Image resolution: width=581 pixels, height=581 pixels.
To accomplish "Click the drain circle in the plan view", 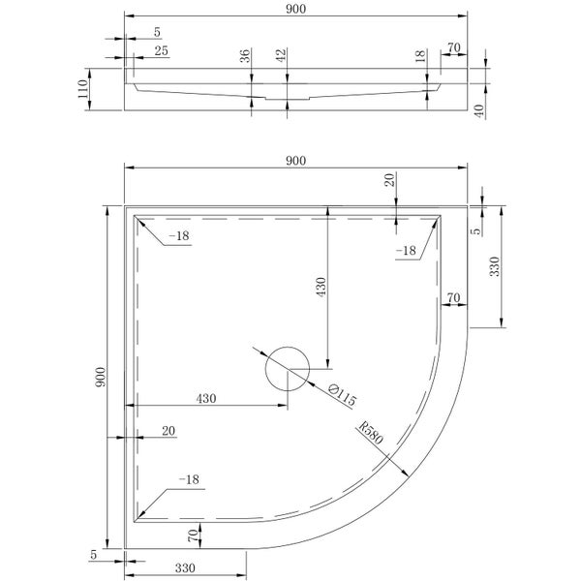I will point(287,368).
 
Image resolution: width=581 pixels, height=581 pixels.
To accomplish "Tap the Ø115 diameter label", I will point(343,398).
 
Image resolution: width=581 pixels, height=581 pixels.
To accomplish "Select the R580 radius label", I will point(371,435).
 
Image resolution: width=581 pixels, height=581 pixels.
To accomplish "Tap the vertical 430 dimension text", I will point(321,288).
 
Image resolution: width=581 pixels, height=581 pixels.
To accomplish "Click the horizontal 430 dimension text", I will point(206,398).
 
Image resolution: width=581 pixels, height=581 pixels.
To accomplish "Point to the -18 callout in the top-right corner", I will point(406,252).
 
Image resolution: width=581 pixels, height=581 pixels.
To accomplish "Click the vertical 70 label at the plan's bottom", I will point(193,534).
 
